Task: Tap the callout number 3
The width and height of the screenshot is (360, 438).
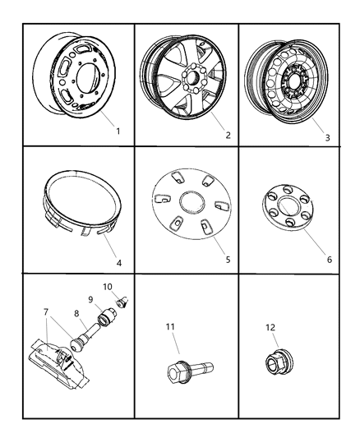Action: coord(327,137)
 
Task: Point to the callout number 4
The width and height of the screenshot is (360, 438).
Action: coord(119,263)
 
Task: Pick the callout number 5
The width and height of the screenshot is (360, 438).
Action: coord(228,259)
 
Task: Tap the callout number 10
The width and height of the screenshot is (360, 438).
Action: coord(107,286)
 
